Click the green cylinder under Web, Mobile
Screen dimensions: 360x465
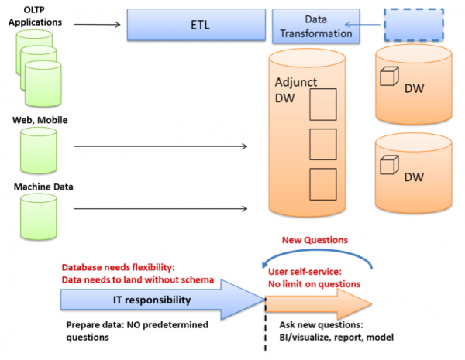tap(39, 152)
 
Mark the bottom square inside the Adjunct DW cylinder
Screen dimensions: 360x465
tap(322, 183)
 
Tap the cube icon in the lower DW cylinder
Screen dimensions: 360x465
tap(387, 166)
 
